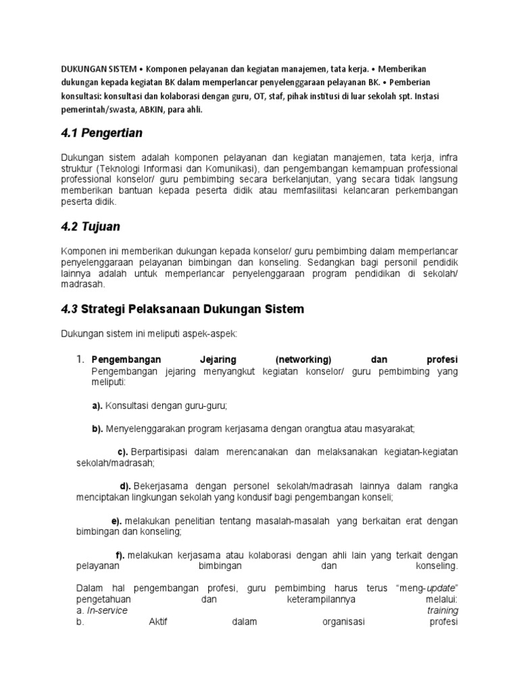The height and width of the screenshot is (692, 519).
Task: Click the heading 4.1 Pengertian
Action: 101,133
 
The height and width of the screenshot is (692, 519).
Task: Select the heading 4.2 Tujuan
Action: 91,227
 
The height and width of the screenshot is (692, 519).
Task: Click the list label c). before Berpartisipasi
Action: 123,451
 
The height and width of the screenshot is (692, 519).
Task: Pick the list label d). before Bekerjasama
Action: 125,486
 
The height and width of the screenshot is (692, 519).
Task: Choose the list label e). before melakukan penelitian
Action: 116,520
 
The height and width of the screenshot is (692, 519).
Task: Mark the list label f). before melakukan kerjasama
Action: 121,555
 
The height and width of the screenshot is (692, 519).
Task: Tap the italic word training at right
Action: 443,611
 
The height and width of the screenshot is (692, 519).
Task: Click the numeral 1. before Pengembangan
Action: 80,360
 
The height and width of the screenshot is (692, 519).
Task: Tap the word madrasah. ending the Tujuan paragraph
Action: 84,285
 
